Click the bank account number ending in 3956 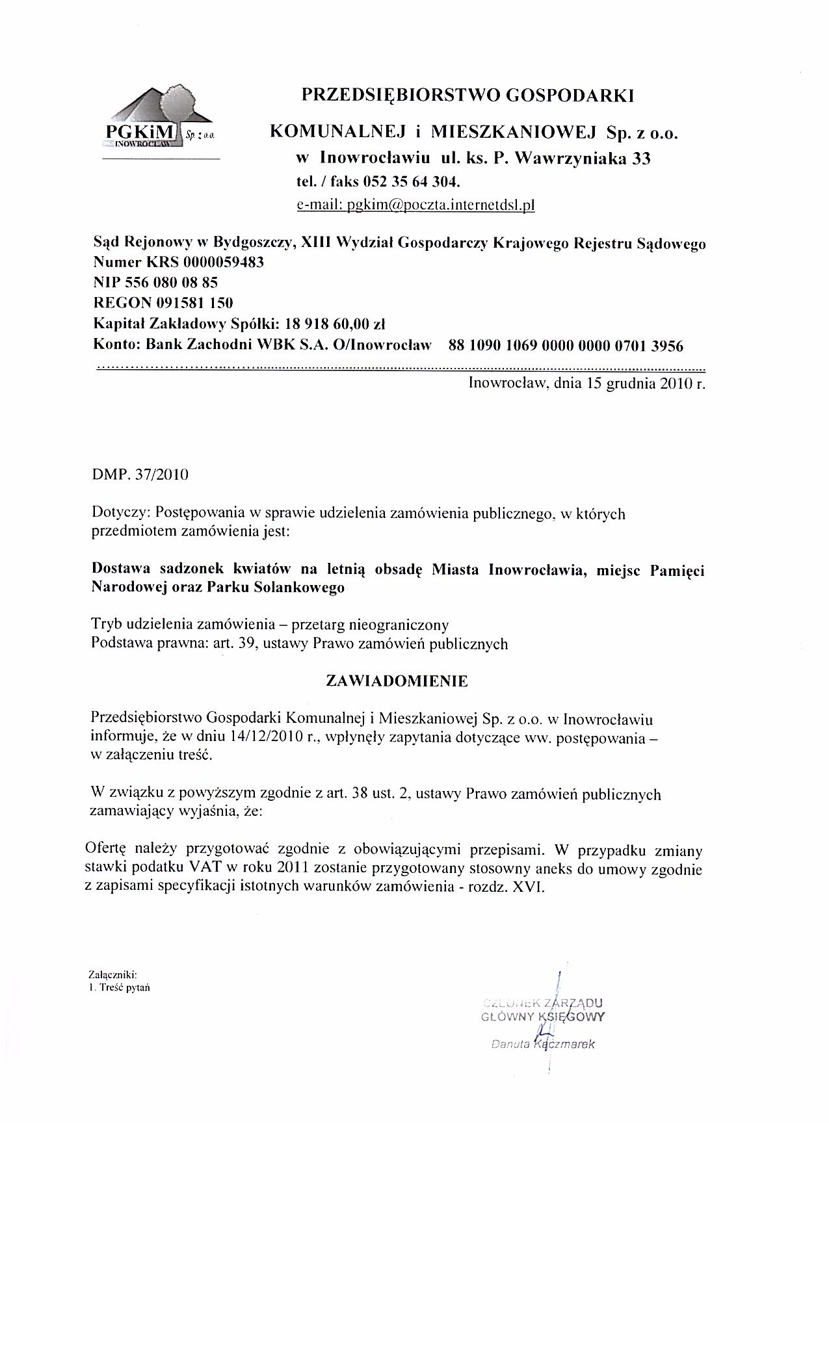(x=566, y=346)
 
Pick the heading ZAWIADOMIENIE (x=396, y=681)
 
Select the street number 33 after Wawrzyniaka (x=642, y=159)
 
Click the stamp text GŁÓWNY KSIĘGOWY (x=544, y=1017)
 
